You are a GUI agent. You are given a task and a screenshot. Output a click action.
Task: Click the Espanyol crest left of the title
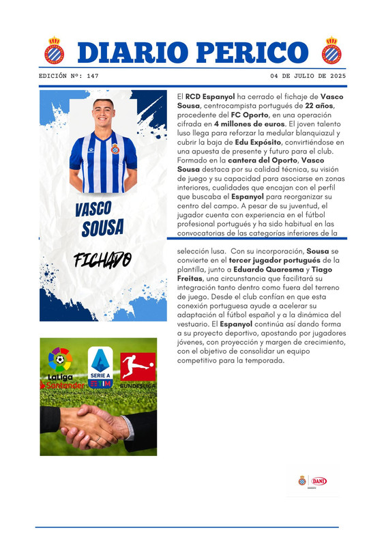click(x=54, y=51)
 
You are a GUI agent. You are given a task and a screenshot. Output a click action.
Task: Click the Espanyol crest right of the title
click(x=331, y=51)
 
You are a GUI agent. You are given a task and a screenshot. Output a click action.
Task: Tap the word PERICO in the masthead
click(x=256, y=52)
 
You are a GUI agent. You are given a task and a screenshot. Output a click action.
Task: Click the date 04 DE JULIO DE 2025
click(x=308, y=76)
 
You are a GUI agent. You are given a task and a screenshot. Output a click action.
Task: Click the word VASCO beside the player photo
click(x=93, y=209)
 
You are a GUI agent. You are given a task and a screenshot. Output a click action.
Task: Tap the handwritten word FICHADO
click(x=102, y=261)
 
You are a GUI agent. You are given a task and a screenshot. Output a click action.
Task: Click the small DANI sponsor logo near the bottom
click(x=318, y=480)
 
